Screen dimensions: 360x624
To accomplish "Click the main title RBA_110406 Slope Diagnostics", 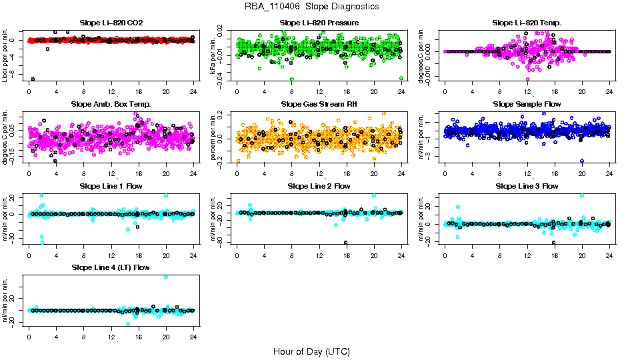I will pos(312,6).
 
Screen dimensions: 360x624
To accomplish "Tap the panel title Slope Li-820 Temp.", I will pos(527,23).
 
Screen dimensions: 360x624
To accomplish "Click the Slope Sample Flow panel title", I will pos(527,104).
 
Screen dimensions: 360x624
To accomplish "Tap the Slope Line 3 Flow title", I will pos(527,186).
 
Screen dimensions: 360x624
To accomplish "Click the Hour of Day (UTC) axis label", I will pos(311,351).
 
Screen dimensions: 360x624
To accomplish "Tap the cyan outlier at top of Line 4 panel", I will pos(166,277).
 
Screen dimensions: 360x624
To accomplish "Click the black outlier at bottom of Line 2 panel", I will pos(345,243).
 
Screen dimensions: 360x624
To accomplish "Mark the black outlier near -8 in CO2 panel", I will pos(33,79).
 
